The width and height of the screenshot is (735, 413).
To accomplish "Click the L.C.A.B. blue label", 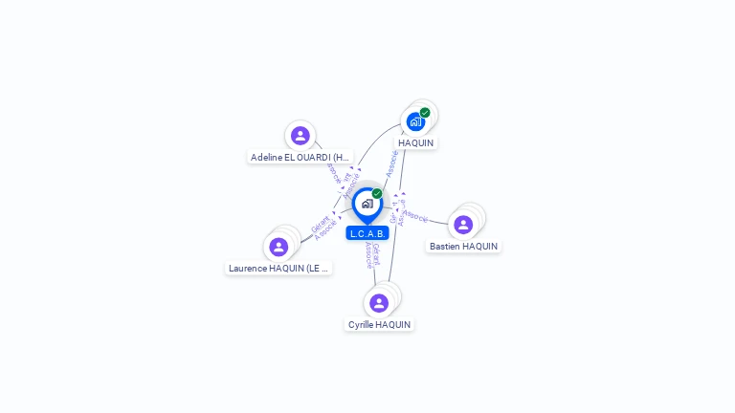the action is click(367, 233).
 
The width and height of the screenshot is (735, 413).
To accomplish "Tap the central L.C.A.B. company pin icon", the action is click(367, 204).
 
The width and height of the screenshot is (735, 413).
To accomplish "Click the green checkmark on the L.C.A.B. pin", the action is click(377, 193).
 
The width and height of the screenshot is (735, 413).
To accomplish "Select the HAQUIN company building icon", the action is click(414, 121).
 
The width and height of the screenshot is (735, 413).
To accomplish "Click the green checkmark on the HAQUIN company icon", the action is click(425, 113).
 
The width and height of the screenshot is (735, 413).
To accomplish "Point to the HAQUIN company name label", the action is click(416, 143).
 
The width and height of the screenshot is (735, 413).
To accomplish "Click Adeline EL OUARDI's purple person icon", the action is click(300, 136).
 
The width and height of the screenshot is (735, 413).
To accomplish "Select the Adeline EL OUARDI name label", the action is click(301, 157).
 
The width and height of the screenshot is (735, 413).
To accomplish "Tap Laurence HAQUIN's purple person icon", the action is click(278, 247).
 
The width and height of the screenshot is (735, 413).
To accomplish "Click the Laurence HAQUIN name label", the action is click(279, 269).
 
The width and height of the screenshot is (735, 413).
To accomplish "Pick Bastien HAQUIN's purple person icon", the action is click(463, 225).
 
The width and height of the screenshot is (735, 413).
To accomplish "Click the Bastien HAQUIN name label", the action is click(463, 247).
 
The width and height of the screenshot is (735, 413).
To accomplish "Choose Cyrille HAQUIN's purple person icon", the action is click(379, 303).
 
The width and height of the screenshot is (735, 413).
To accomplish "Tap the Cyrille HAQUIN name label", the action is click(379, 325).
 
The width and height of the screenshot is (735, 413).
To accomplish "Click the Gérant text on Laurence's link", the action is click(320, 225).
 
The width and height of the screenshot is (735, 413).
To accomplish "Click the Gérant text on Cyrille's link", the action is click(376, 253).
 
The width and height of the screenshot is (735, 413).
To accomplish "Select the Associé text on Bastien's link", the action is click(416, 217).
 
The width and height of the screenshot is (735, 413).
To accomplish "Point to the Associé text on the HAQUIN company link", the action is click(391, 163).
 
